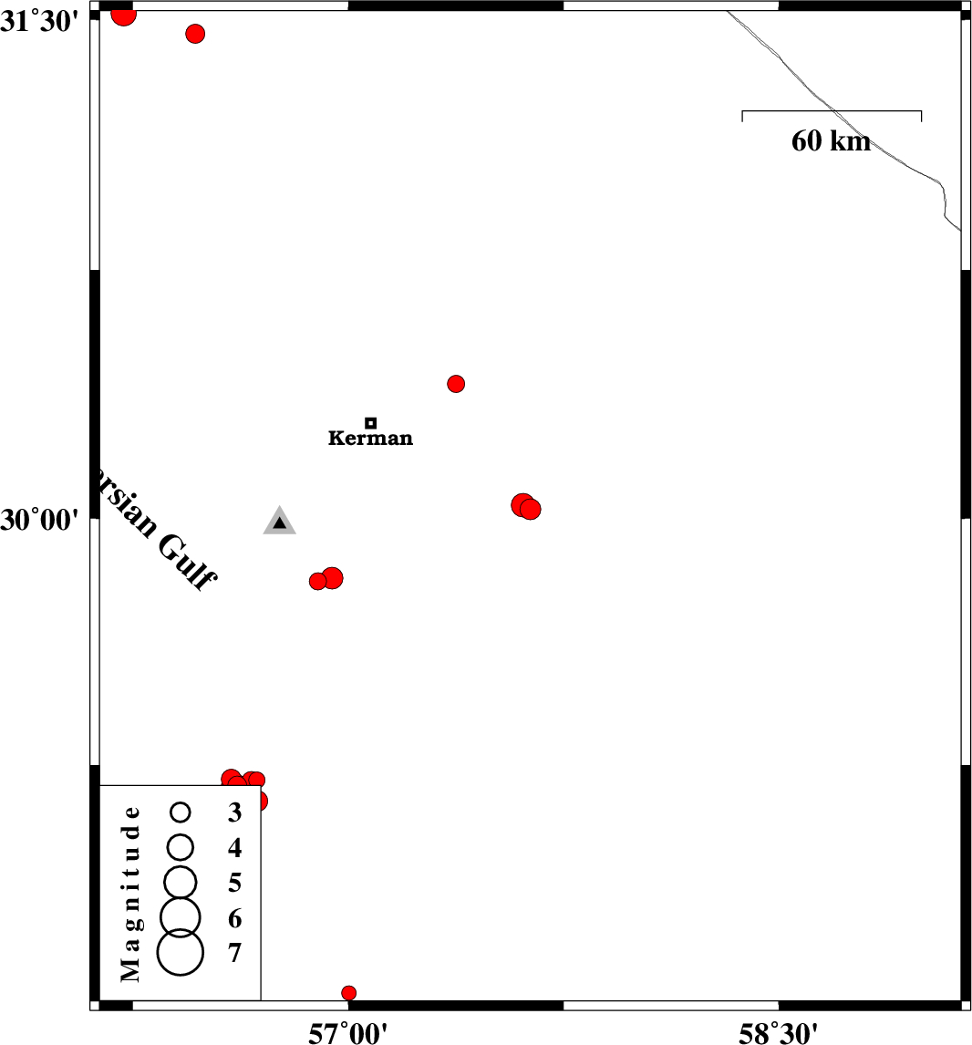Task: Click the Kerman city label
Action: pos(370,438)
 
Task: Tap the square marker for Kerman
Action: pos(371,422)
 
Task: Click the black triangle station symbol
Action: pos(280,522)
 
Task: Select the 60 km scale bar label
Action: pos(831,140)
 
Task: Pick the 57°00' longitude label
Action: pos(347,1032)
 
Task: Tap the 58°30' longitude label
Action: pos(778,1032)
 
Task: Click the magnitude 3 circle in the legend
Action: pos(181,812)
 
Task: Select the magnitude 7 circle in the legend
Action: pos(181,952)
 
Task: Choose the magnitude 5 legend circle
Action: pos(181,883)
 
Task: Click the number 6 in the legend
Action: pos(234,918)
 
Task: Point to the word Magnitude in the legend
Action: pos(130,893)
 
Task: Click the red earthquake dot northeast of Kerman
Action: pos(456,384)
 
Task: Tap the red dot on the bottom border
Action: pos(348,993)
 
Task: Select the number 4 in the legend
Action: pos(234,848)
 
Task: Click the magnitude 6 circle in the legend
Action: pos(181,917)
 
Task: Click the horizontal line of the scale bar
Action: pos(832,110)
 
